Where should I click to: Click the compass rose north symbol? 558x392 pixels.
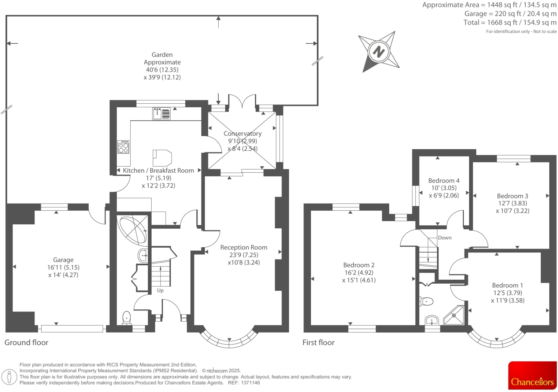[x=378, y=51]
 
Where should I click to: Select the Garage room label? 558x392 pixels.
[x=63, y=260]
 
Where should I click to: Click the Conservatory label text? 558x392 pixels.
[x=242, y=134]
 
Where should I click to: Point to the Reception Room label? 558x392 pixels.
[x=243, y=247]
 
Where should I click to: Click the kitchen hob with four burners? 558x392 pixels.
[x=123, y=147]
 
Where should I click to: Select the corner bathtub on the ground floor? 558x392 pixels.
[x=132, y=229]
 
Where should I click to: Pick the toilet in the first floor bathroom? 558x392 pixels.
[x=426, y=301]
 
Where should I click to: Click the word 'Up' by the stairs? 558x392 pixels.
[x=160, y=290]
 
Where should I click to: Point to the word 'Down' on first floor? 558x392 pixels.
[x=445, y=238]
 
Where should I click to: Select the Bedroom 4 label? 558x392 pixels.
[x=444, y=181]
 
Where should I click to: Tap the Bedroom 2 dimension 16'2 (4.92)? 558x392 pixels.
[x=359, y=272]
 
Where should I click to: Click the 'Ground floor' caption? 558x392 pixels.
[x=26, y=342]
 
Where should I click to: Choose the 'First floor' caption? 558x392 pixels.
[x=318, y=342]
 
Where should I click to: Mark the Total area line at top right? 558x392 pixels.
[x=510, y=23]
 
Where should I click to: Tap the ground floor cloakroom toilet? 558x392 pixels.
[x=127, y=318]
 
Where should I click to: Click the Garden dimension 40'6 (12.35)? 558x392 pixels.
[x=162, y=70]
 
